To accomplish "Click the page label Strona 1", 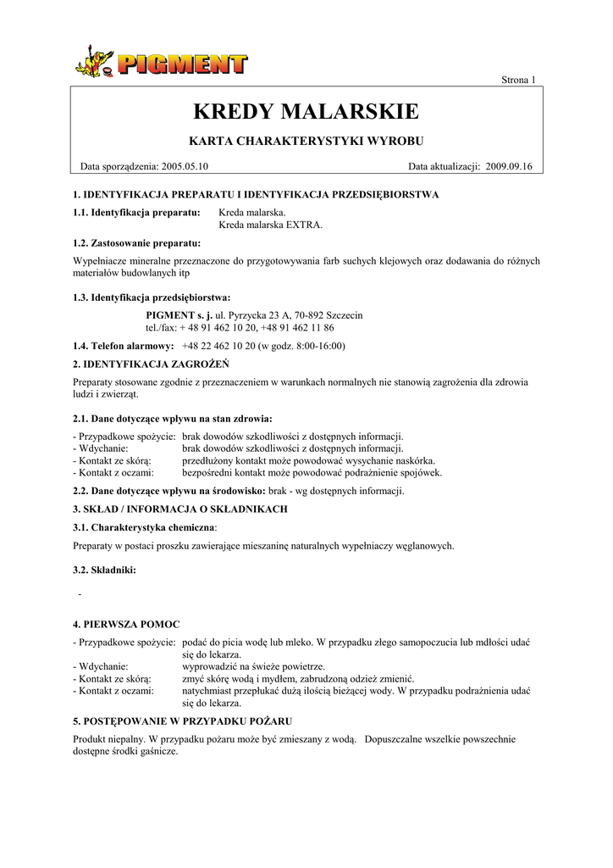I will [x=518, y=80].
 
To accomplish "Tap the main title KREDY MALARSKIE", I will [x=306, y=111].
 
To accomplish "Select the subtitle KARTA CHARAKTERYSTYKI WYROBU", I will [x=306, y=140].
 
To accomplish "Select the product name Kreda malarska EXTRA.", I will [x=271, y=225].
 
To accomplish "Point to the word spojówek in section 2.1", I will [x=421, y=473].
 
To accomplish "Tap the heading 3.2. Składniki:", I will [x=104, y=570].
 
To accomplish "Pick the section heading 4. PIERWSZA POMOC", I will [x=126, y=624].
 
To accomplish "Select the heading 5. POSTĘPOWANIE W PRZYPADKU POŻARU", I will [x=183, y=721].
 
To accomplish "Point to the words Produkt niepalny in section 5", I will [x=106, y=739].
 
